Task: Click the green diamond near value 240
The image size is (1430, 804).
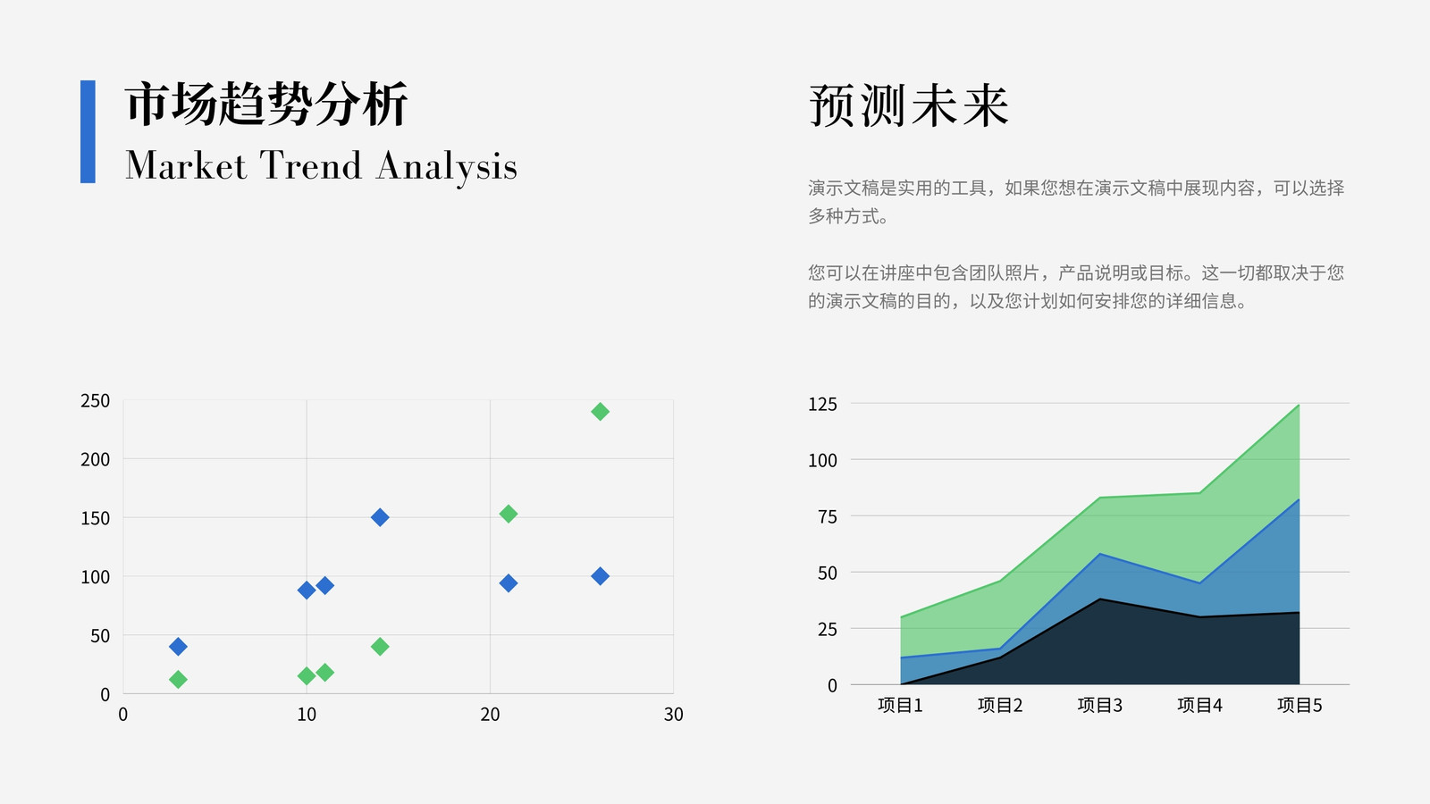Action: pos(600,412)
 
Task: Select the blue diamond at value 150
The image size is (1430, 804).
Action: pos(380,517)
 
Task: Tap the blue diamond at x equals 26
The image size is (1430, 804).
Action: pos(600,576)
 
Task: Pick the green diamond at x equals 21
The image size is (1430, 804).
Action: pos(509,514)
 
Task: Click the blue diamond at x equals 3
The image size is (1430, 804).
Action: pos(178,647)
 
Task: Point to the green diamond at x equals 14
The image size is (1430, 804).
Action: pos(380,647)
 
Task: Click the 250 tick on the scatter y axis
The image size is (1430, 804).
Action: pos(95,401)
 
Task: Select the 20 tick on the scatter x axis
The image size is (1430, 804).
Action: pos(490,714)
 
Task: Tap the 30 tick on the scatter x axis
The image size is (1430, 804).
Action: pos(674,714)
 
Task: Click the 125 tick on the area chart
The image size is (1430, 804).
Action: pos(822,404)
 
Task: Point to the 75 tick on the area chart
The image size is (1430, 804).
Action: pos(828,516)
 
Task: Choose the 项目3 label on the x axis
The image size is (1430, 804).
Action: pos(1099,705)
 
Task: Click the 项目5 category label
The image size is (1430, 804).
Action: pos(1300,705)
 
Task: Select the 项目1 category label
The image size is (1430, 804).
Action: pos(899,705)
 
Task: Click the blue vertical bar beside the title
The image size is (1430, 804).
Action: pos(88,131)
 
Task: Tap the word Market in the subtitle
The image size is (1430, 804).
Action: pos(186,166)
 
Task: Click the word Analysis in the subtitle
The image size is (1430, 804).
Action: pos(446,167)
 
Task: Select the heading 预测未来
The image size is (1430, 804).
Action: pos(908,105)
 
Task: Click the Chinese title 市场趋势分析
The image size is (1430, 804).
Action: pos(266,103)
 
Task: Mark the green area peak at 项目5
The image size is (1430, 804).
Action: pos(1300,405)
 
